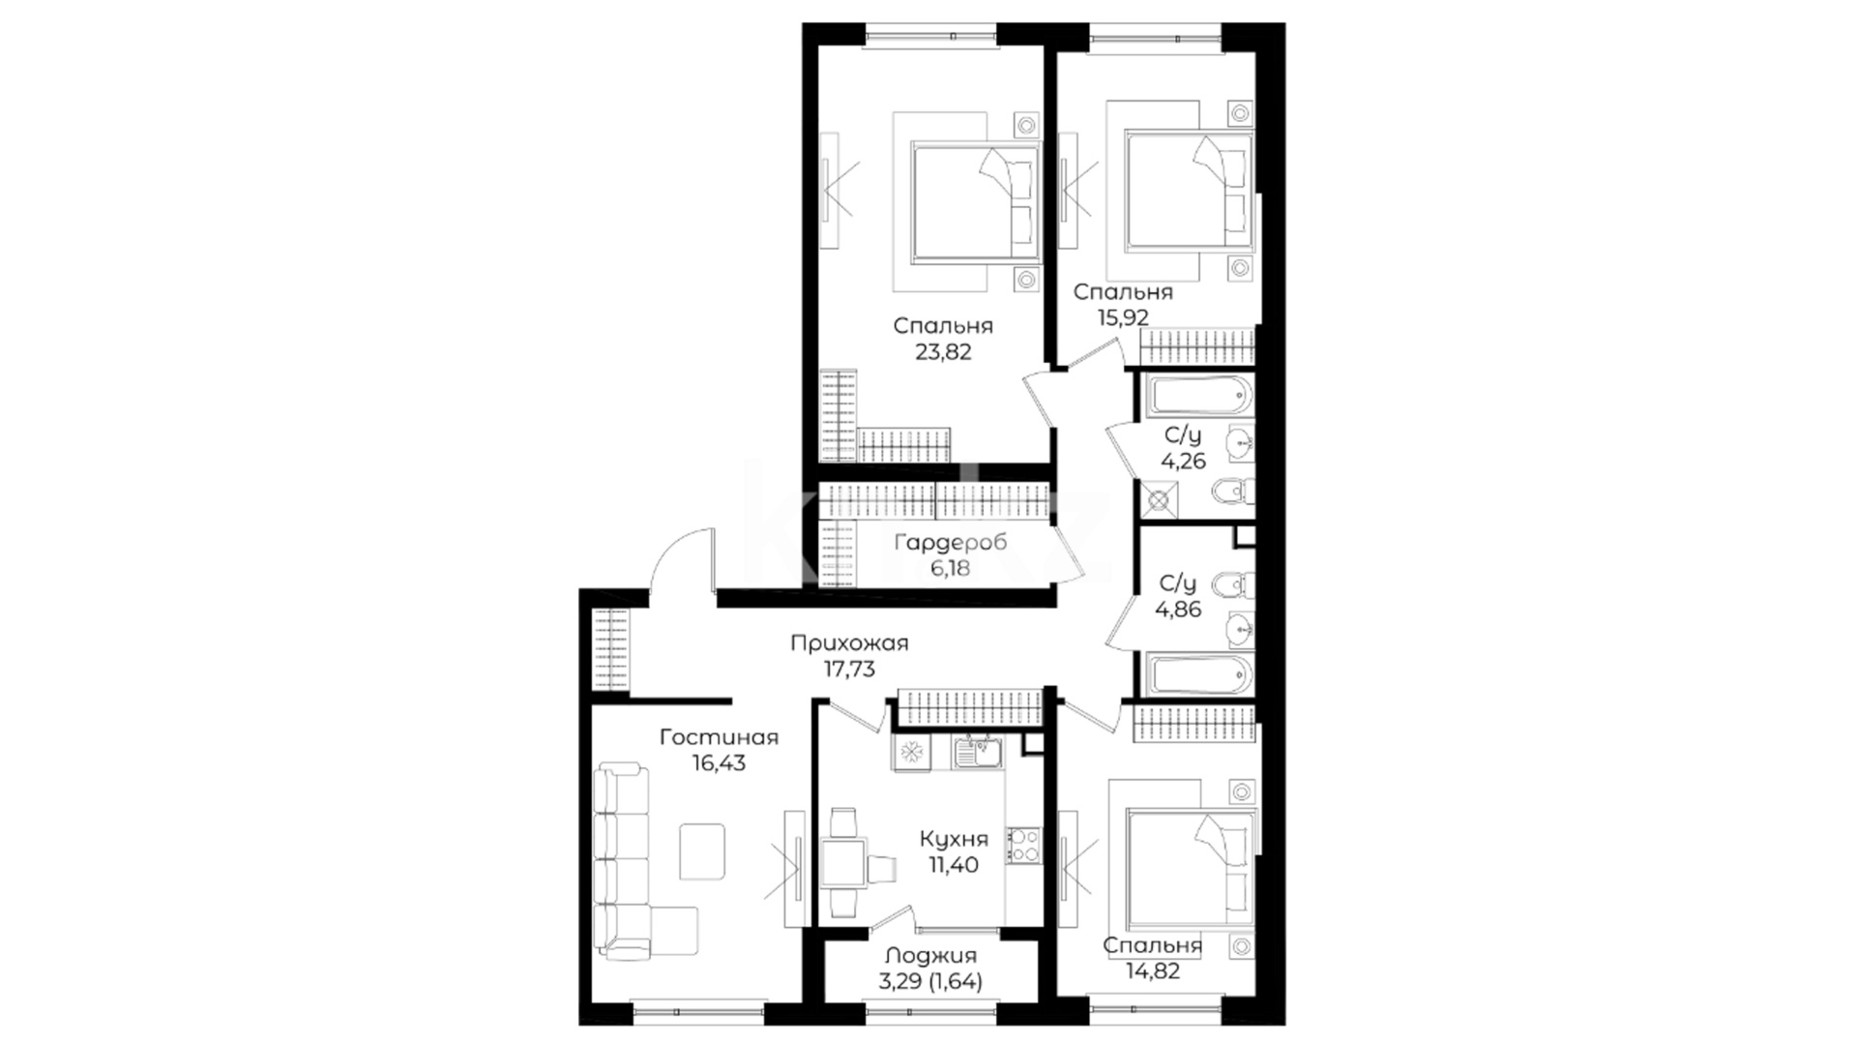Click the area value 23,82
point(943,352)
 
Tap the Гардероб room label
point(950,543)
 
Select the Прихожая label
point(849,643)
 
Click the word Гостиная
point(719,737)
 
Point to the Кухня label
point(954,839)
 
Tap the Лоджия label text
point(930,957)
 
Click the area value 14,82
point(1153,970)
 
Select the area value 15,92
point(1123,316)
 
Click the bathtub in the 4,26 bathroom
point(1199,395)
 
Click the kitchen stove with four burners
point(1023,845)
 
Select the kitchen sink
point(978,752)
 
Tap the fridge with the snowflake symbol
point(910,752)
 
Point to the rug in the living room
point(702,851)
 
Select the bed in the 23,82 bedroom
point(974,202)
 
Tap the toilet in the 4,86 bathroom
point(1232,584)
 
